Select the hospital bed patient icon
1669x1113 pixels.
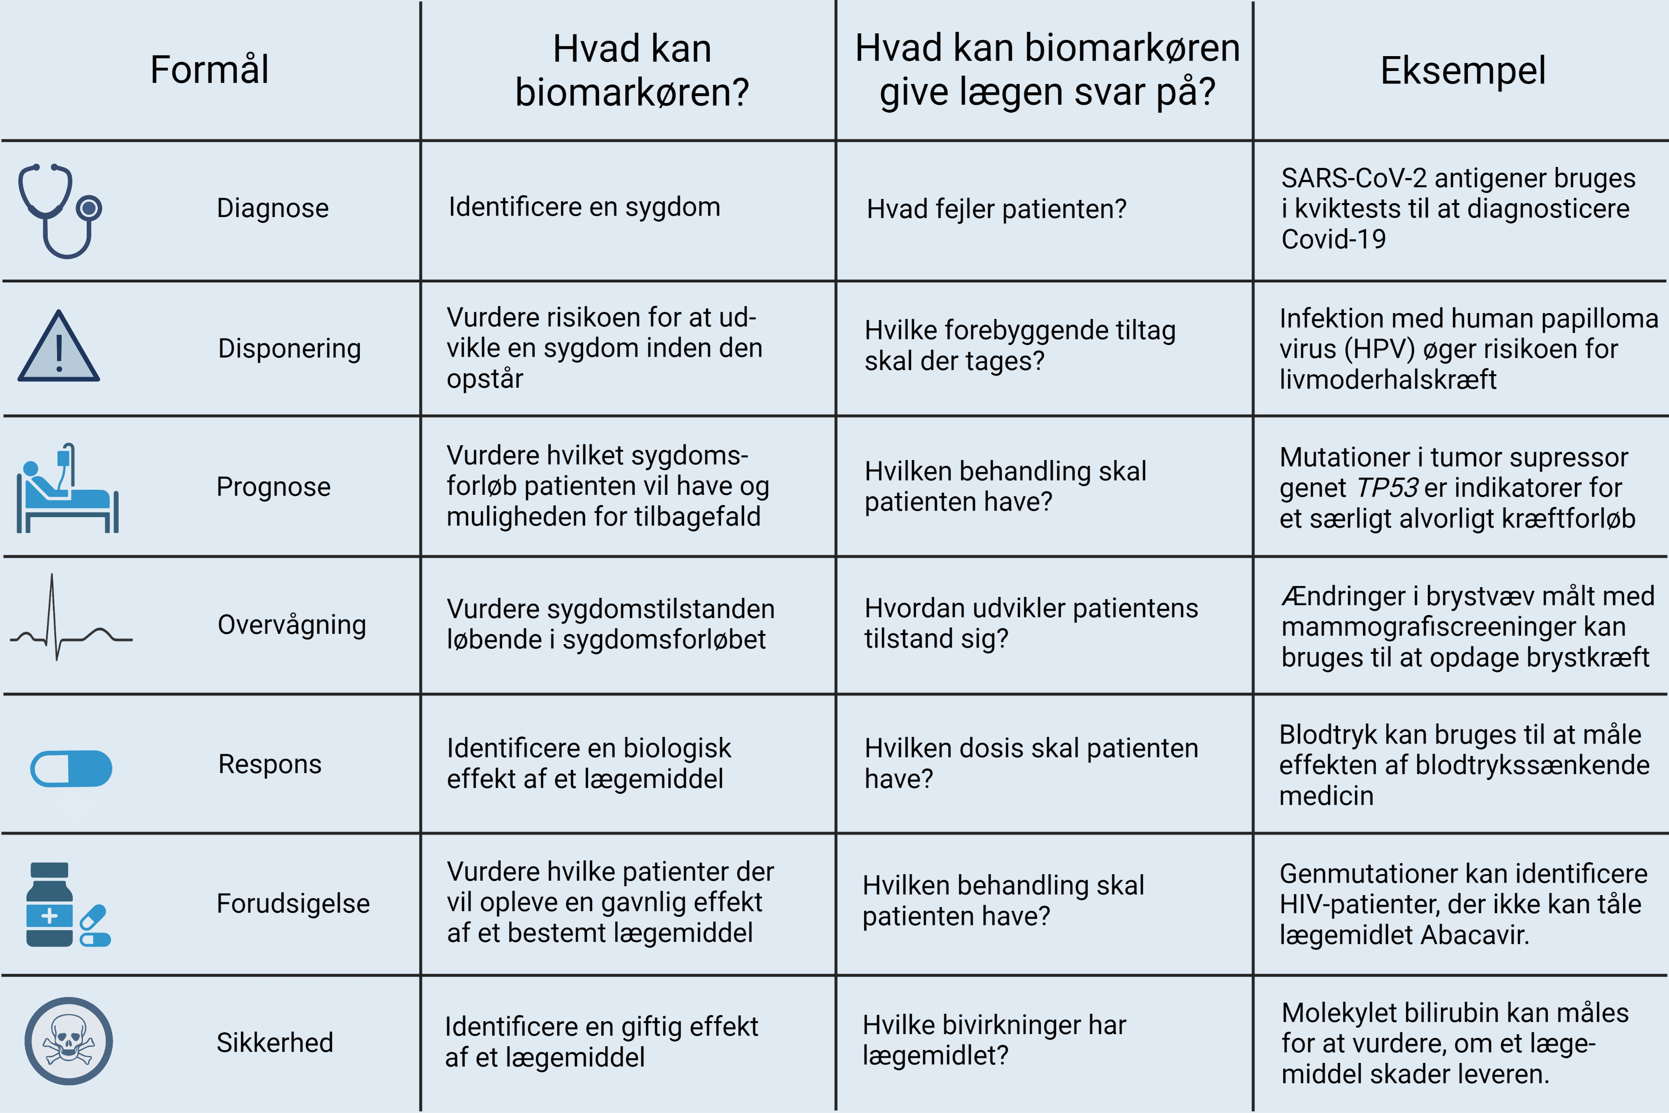pos(67,489)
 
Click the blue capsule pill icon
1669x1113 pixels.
pos(71,768)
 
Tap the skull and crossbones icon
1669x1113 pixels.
pos(69,1041)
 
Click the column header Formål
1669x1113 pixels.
pos(210,70)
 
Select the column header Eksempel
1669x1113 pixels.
pos(1463,70)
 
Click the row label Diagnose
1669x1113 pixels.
pos(273,208)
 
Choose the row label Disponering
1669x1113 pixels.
pos(289,349)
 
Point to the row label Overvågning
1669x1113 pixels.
pos(292,625)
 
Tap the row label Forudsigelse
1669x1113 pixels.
pos(293,903)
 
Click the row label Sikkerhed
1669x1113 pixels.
pos(274,1043)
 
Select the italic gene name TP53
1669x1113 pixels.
pos(1387,488)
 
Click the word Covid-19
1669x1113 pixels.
pos(1333,239)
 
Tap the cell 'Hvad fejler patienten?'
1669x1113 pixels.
pos(996,209)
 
